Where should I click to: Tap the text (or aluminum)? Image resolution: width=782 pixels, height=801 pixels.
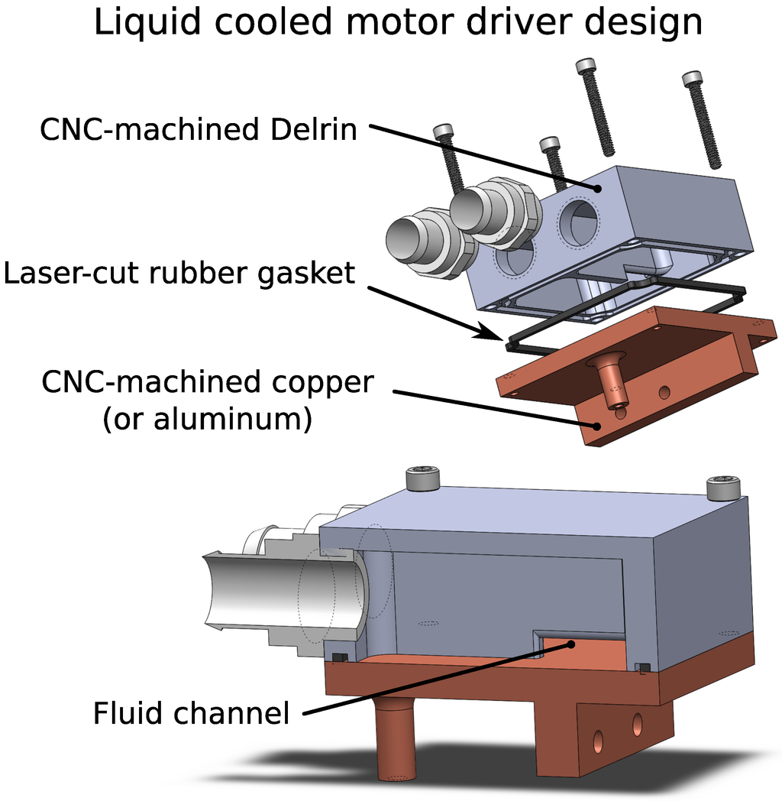tap(207, 419)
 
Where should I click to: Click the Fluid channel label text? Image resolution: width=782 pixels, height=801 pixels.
tap(191, 714)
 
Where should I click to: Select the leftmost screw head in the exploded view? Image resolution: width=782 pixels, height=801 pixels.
tap(444, 131)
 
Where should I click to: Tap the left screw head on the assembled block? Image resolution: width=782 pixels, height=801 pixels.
tap(422, 478)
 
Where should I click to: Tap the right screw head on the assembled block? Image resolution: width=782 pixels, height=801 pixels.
tap(722, 487)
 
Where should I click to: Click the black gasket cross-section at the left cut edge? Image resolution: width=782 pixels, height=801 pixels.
tap(340, 658)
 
